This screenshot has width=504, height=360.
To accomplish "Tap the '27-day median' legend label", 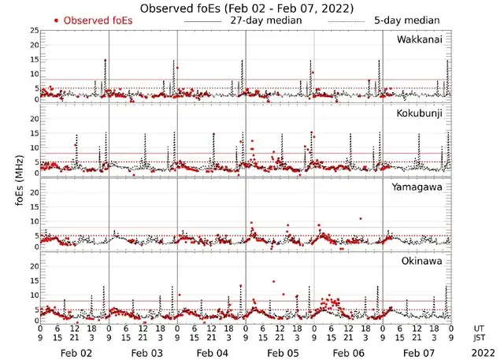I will click(266, 20).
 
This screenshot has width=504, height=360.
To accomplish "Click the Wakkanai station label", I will click(419, 39).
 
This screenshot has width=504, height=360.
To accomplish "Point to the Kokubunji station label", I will click(419, 114).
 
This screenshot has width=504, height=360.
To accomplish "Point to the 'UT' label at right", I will click(480, 327).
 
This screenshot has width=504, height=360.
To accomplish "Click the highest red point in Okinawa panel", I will click(274, 281).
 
